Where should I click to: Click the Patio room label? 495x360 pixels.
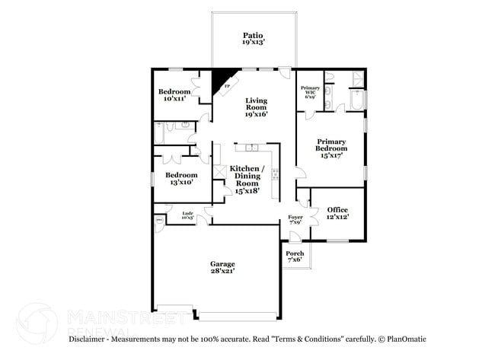[253, 39]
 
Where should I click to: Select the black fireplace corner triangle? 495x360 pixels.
[222, 78]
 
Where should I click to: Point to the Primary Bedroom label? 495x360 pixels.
[332, 148]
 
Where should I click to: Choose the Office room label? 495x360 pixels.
[337, 213]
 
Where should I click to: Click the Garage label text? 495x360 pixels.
[223, 268]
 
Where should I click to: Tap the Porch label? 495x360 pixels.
[295, 256]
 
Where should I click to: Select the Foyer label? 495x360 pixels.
[295, 220]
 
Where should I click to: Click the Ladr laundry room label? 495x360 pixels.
[187, 215]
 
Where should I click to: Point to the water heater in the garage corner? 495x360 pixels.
[160, 221]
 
